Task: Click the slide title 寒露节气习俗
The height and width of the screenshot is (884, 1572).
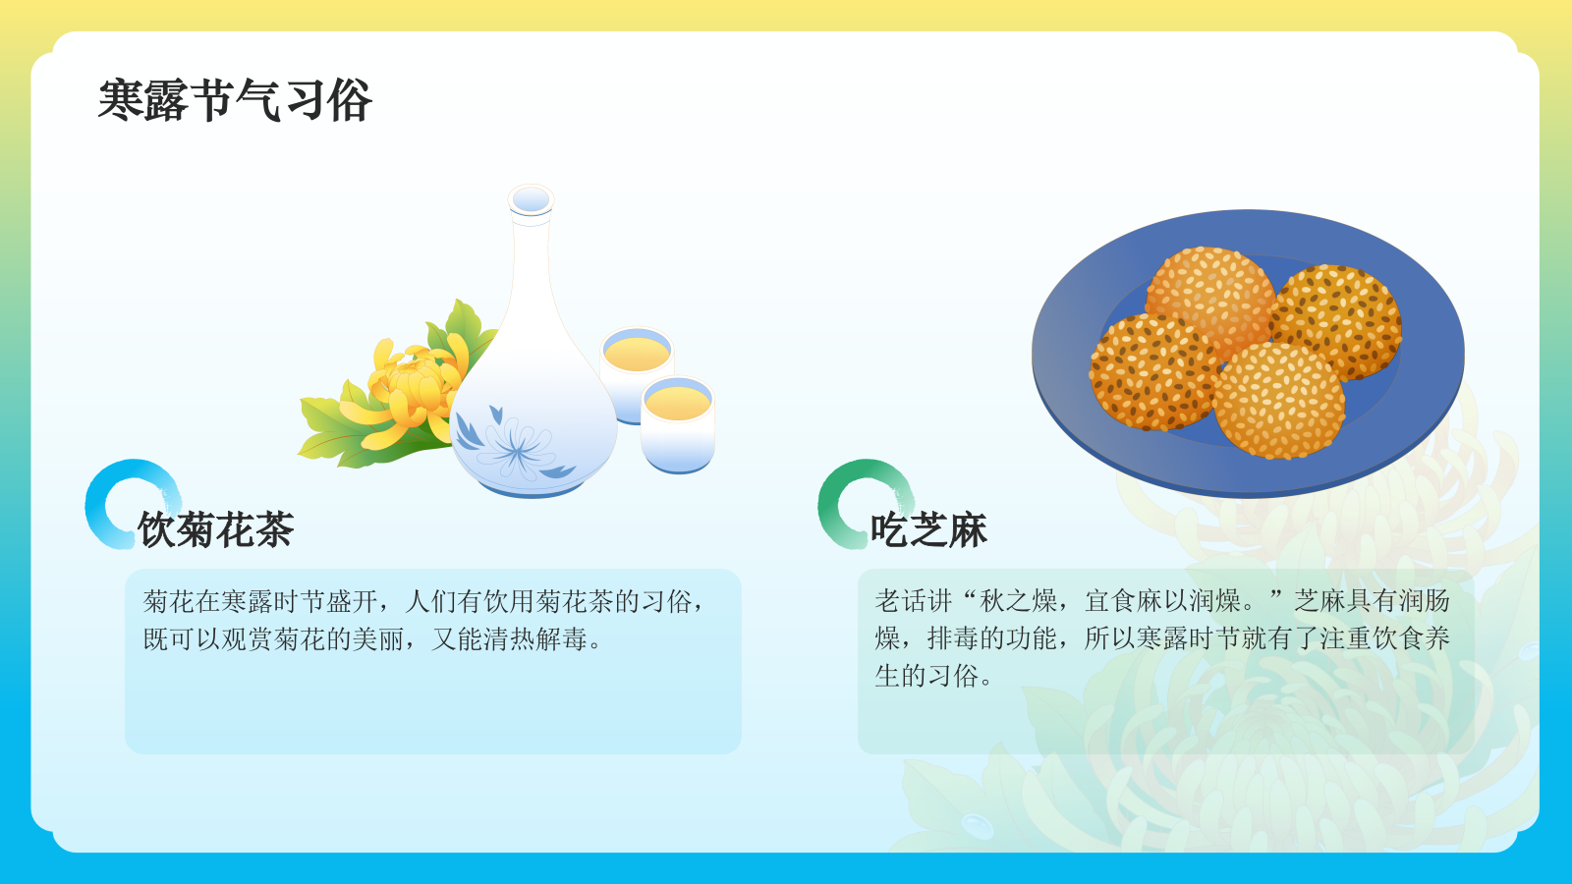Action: (235, 100)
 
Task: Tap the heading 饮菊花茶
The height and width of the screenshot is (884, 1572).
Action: (216, 529)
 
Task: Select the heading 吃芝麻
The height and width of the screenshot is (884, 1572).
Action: (928, 529)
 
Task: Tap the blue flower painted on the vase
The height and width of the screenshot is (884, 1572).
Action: (515, 448)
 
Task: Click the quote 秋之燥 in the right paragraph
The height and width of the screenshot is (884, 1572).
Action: (1017, 600)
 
